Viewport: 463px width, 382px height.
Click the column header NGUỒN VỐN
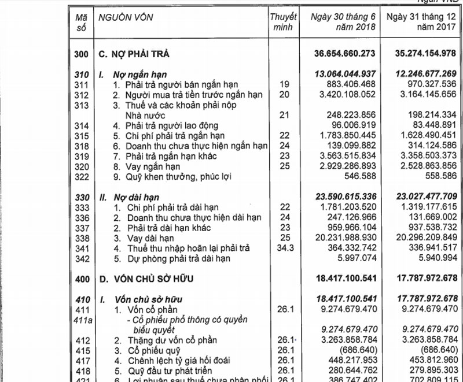click(x=125, y=18)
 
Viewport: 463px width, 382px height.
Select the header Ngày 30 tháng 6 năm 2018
click(x=343, y=23)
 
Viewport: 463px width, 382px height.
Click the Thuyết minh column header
click(x=283, y=23)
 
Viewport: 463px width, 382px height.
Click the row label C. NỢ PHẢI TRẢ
click(x=134, y=54)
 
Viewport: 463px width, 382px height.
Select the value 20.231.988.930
click(x=344, y=238)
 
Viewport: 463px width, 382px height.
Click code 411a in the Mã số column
click(x=81, y=320)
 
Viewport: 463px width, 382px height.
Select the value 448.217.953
click(x=347, y=361)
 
